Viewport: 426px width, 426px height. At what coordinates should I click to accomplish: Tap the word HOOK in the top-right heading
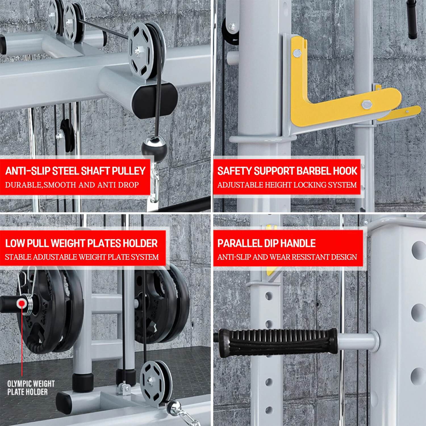(x=345, y=171)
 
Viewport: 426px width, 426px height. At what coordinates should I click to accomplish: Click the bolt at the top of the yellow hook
(x=297, y=52)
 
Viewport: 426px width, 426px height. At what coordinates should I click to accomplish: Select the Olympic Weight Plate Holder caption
(x=31, y=388)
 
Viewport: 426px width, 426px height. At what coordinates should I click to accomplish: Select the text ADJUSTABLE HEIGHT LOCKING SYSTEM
(x=287, y=185)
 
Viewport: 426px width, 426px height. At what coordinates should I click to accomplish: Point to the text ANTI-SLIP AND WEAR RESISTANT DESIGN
(x=287, y=257)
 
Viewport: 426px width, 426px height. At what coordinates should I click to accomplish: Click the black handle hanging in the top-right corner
(x=412, y=18)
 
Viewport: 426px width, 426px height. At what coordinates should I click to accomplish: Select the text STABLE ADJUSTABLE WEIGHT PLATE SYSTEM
(x=82, y=257)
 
